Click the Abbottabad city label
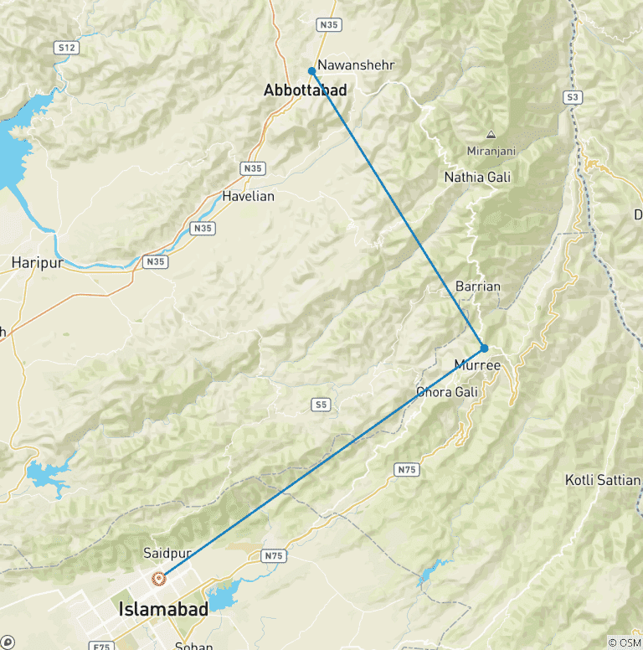305,89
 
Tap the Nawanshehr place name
356,64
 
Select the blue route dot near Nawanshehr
311,71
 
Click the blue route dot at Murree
484,348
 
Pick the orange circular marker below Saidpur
158,578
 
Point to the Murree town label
476,365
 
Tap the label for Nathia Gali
477,177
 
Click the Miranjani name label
491,151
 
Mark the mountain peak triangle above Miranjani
491,134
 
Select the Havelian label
248,196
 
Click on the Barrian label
478,286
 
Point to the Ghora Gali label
447,391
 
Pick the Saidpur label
162,554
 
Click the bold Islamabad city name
163,609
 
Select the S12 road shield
67,48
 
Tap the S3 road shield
573,97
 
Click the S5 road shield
321,405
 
